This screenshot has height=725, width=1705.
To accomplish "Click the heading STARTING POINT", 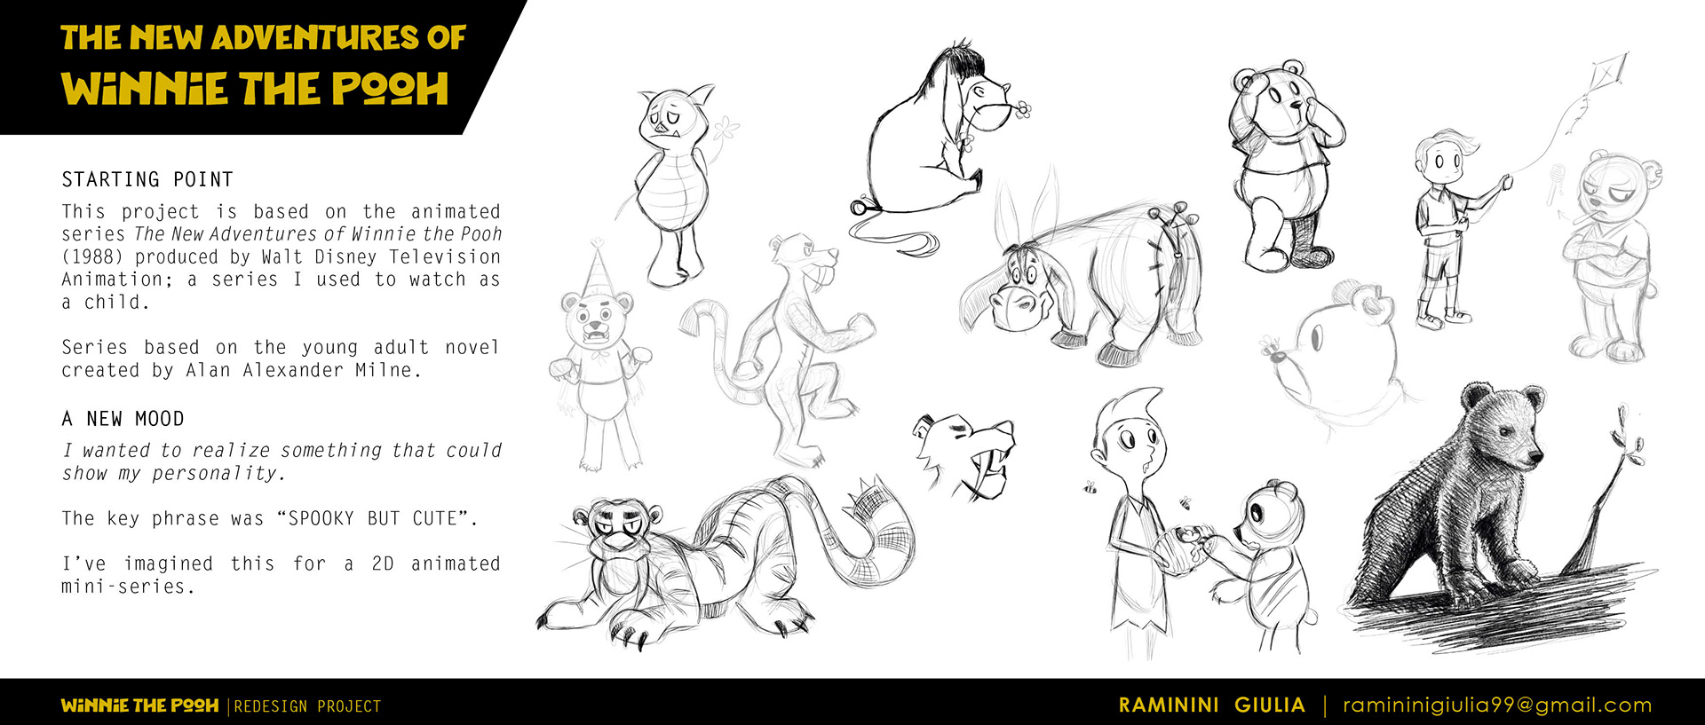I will tap(147, 180).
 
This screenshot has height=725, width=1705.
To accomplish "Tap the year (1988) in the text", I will tap(93, 257).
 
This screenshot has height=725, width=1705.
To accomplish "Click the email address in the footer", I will tap(1497, 705).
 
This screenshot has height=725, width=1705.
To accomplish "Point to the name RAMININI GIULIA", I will tap(1212, 705).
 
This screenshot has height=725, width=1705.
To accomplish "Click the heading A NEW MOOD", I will tap(123, 419).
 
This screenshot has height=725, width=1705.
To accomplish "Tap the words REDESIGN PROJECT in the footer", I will tap(307, 706).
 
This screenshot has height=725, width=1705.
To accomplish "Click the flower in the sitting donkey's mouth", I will tap(1023, 110).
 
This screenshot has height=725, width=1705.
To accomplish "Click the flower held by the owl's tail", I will tap(726, 129).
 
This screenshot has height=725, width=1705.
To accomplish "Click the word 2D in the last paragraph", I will tap(383, 564).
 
